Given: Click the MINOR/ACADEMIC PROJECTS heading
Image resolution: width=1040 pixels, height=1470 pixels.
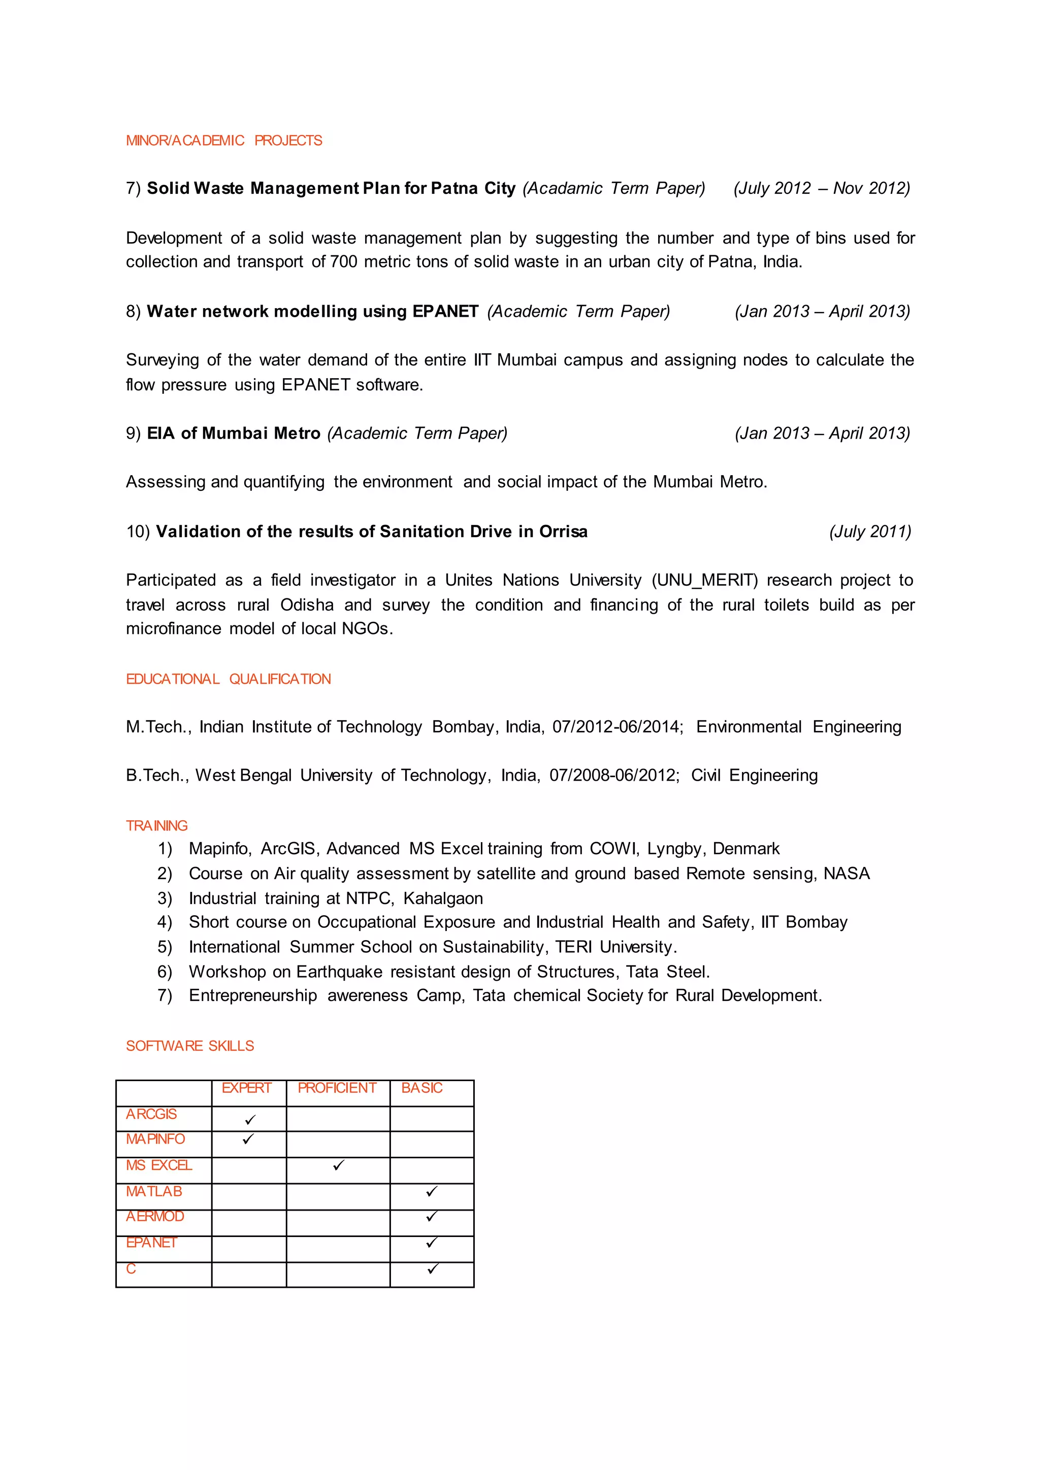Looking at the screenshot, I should [223, 140].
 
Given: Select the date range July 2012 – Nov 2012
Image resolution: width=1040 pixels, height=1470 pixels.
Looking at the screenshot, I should [822, 188].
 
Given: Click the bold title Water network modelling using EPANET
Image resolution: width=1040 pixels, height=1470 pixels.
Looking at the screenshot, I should [312, 311].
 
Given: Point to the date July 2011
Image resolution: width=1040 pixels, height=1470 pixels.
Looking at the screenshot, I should [870, 531].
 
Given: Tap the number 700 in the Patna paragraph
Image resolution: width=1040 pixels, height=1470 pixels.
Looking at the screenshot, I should [343, 262].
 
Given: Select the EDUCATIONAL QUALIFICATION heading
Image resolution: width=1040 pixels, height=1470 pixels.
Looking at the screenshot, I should [228, 679].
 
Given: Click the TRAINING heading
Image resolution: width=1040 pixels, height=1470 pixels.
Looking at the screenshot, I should [156, 825].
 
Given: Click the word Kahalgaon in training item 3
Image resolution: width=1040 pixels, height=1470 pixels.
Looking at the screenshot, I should [443, 898].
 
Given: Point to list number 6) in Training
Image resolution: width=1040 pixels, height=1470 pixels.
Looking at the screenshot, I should [165, 972].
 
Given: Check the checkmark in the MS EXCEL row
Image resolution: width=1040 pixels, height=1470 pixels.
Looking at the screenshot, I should [338, 1165].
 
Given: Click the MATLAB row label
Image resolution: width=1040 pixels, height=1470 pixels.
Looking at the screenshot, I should [154, 1191].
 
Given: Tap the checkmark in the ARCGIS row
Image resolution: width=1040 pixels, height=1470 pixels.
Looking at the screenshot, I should [250, 1119].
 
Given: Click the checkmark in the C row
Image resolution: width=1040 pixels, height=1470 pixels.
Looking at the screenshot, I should [432, 1268].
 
